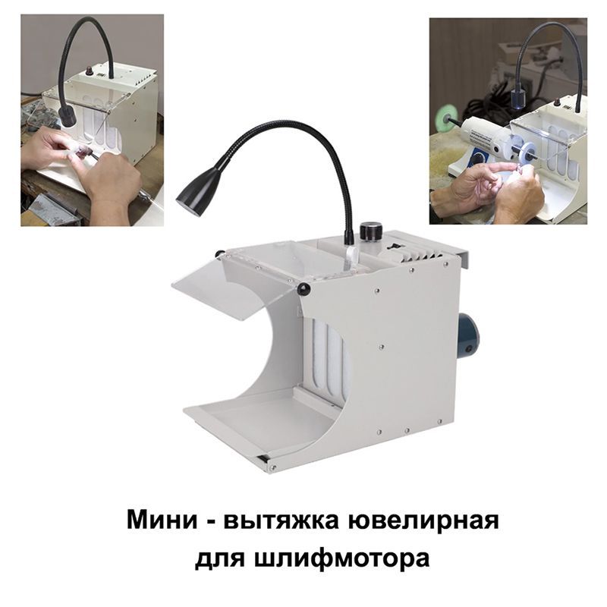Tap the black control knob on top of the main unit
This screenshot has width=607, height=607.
(x=371, y=231)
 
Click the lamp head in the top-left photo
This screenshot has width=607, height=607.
(x=68, y=117)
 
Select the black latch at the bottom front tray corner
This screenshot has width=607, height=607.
(x=263, y=458)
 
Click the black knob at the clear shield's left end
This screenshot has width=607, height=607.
(x=219, y=254)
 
